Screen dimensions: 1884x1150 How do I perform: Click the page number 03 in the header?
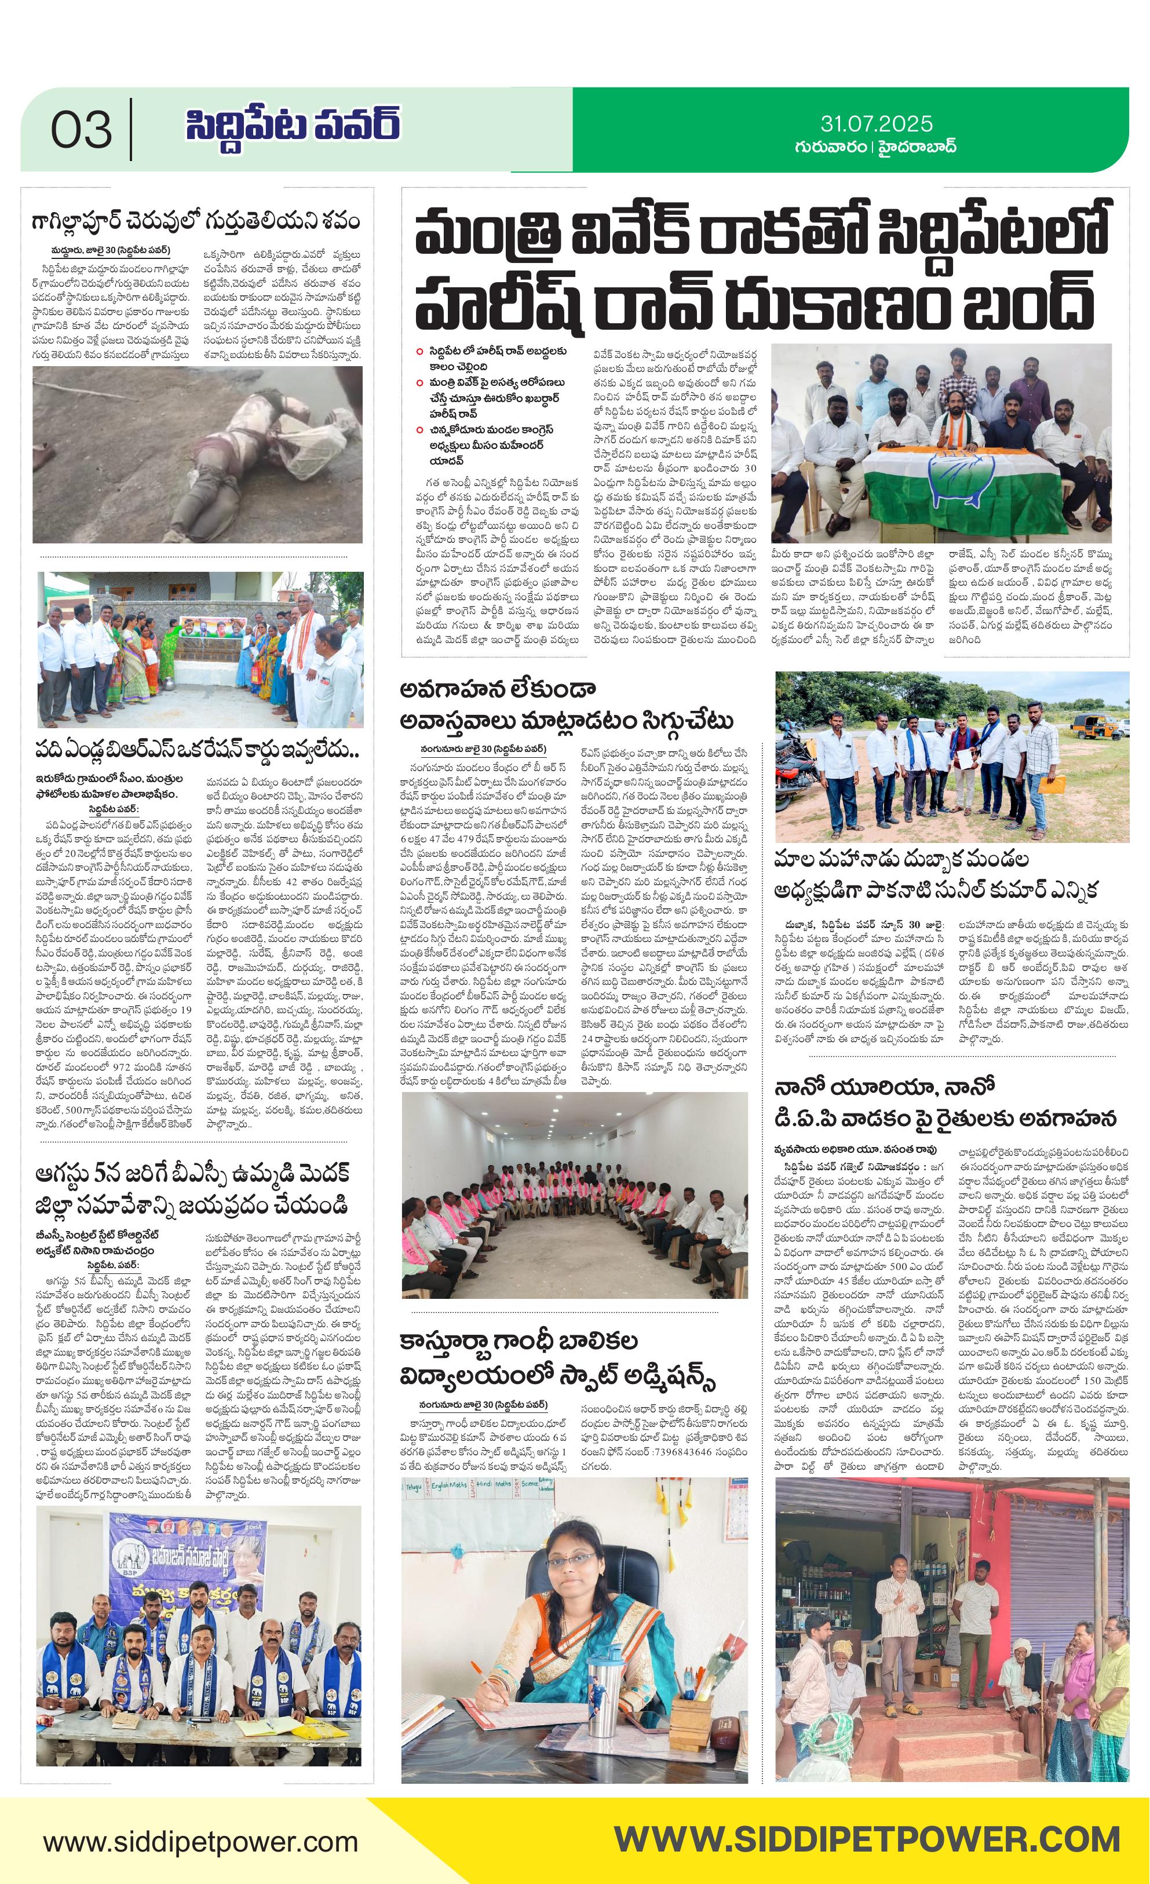pos(81,129)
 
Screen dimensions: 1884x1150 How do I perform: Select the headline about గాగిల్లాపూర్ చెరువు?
pos(196,222)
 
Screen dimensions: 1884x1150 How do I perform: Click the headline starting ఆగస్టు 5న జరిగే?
pos(193,1174)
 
